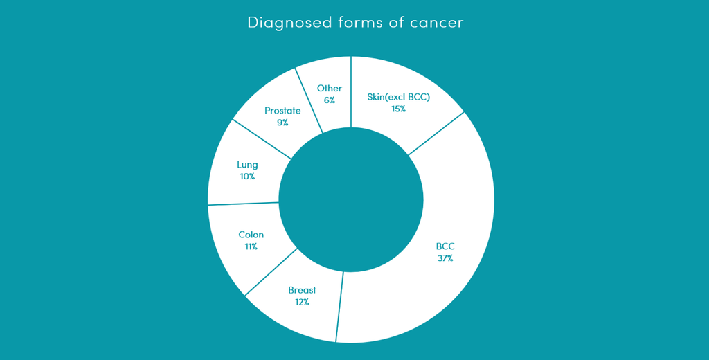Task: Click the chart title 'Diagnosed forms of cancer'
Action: tap(355, 23)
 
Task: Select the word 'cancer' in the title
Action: tap(437, 23)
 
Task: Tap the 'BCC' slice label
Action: tap(445, 247)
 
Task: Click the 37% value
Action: tap(445, 259)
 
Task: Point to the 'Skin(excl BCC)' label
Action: tap(398, 97)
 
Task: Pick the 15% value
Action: tap(398, 109)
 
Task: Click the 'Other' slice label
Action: tap(329, 88)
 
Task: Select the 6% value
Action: tap(329, 100)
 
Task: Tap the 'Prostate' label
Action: tap(282, 110)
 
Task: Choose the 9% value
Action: tap(282, 122)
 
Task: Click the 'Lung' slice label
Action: tap(247, 165)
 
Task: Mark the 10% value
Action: tap(247, 177)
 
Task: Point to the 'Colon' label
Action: tap(251, 235)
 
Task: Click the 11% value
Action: tap(251, 246)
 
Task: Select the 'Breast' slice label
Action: tap(302, 290)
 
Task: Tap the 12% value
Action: tap(302, 302)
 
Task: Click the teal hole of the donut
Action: tap(351, 199)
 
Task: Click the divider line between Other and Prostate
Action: tap(309, 100)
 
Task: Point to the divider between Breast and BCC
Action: tap(339, 307)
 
